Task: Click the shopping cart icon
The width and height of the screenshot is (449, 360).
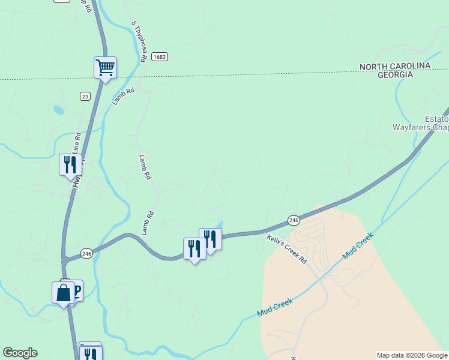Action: [105, 67]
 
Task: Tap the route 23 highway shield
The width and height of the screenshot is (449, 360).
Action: [85, 95]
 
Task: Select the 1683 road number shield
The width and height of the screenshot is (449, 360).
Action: [159, 56]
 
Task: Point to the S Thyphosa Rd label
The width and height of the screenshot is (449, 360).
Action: [139, 42]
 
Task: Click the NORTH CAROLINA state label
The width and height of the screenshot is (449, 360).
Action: [395, 66]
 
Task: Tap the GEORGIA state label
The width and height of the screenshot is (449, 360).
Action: [395, 74]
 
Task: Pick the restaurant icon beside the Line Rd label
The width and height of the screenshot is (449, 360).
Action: [70, 164]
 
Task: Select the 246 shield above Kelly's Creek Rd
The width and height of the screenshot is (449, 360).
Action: [294, 220]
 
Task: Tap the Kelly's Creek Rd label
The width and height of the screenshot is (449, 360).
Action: [287, 250]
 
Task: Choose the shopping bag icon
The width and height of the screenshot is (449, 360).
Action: [63, 293]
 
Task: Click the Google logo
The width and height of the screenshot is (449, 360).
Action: [20, 353]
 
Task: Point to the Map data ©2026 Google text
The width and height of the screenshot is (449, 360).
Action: [412, 355]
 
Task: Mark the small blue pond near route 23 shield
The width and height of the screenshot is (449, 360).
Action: [58, 110]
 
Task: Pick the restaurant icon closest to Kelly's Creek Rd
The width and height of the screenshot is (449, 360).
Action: [211, 239]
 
